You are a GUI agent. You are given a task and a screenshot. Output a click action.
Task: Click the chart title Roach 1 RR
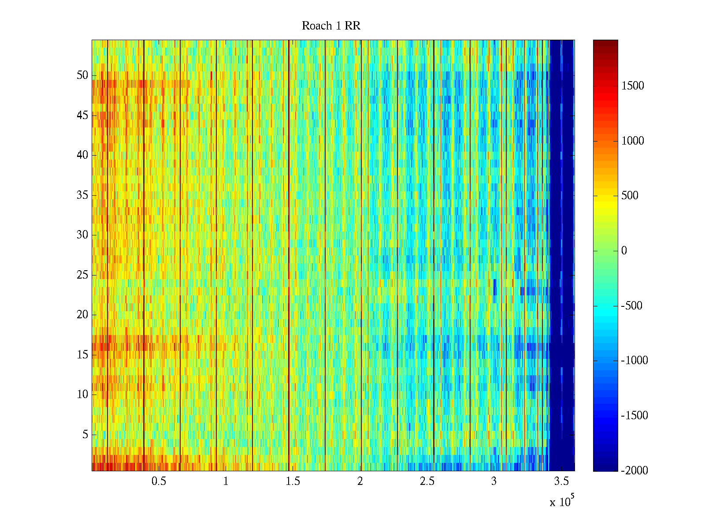tap(331, 26)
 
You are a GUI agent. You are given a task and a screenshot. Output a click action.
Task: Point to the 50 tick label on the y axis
tap(82, 75)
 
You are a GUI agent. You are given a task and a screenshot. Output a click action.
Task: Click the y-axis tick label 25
tap(82, 275)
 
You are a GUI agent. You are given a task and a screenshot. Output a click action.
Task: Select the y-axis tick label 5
tap(85, 435)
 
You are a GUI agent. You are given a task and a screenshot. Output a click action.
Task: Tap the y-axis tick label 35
tap(82, 195)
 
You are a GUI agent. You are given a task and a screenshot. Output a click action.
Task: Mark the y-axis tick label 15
tap(82, 355)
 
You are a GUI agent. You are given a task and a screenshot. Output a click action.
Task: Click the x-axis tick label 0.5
tap(159, 481)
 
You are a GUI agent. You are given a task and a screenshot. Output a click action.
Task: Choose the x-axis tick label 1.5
tap(293, 481)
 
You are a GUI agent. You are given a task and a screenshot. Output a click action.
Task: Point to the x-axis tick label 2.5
tap(427, 481)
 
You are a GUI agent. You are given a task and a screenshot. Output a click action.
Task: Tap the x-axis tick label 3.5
tap(561, 481)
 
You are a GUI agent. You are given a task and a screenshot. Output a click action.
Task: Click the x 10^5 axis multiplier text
tap(562, 501)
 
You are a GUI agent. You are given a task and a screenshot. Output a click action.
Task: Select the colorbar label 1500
tap(633, 86)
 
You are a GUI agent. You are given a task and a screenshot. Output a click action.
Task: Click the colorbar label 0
tap(624, 251)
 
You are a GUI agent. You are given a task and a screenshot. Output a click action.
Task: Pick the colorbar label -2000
tap(634, 470)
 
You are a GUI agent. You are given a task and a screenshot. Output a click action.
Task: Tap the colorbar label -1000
tap(634, 361)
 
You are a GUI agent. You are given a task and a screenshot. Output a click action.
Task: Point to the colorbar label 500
tap(630, 196)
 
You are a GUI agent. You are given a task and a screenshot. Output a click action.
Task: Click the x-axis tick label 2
tap(360, 481)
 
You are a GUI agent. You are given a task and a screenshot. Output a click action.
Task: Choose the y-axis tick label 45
tap(82, 115)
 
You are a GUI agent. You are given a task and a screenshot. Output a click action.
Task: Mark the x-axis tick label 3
tap(494, 481)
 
